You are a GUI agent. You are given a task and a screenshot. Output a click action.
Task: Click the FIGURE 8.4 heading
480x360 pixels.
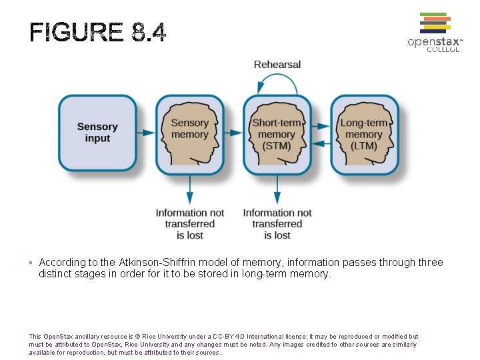coord(98,32)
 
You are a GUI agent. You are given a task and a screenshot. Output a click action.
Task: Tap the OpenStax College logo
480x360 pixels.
coord(435,33)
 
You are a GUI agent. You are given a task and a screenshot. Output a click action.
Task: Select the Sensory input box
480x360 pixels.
coord(97,133)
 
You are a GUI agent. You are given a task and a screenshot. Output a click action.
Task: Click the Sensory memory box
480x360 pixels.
coord(190,135)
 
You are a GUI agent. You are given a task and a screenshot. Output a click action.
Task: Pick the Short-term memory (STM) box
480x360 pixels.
coord(277,135)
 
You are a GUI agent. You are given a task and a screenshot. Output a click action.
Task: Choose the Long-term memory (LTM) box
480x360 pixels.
coord(364,135)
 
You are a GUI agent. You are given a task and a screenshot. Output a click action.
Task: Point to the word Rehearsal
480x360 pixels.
coord(277,65)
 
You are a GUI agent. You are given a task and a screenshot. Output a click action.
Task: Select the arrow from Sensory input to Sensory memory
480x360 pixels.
coord(146,133)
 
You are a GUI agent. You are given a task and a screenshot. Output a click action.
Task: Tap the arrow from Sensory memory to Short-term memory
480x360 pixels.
coord(233,133)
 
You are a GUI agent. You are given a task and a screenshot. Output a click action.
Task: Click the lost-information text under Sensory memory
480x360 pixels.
coord(190,224)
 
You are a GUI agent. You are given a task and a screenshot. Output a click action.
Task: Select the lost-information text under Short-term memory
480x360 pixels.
coord(277,224)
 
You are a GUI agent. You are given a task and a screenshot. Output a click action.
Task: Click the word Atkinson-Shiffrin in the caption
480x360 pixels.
coord(155,263)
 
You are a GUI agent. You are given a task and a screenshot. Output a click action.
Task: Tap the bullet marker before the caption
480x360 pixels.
coord(31,263)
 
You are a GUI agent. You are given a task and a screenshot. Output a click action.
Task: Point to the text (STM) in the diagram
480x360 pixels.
coord(277,146)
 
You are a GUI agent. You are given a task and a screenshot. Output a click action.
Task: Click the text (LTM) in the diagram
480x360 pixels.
coord(364,146)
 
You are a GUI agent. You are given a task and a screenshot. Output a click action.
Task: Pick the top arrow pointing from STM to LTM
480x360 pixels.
coord(321,125)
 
